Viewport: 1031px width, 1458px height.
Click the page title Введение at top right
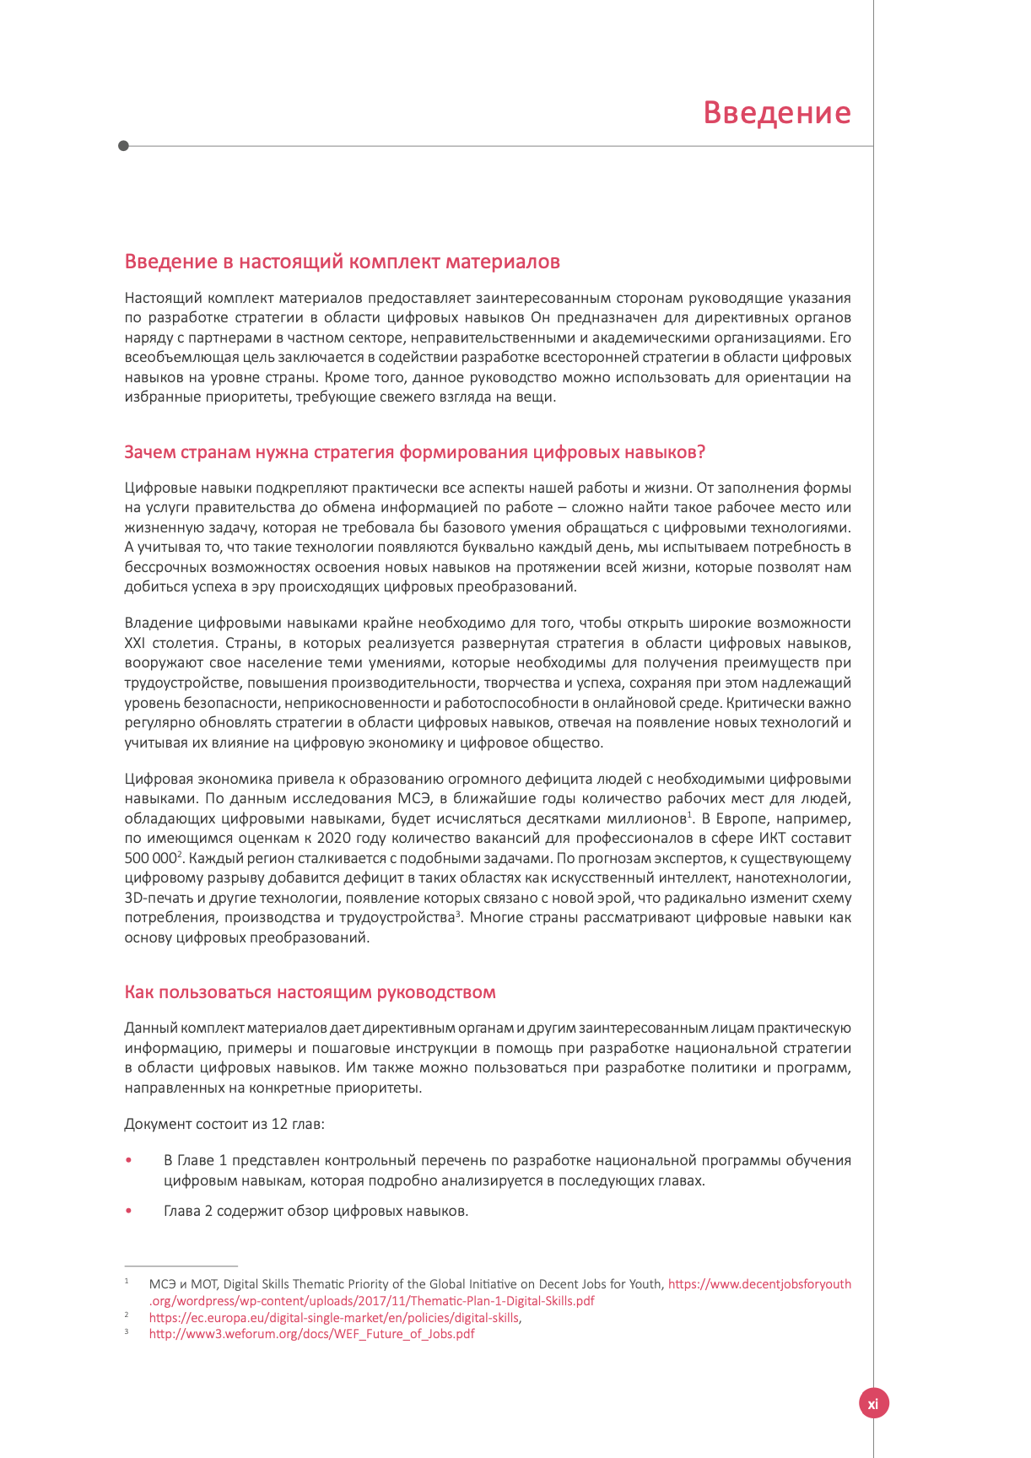(776, 113)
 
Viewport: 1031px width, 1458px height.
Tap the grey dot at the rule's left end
(124, 146)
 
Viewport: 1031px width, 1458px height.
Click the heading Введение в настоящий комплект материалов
(342, 262)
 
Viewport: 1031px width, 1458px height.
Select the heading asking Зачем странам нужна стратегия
(414, 452)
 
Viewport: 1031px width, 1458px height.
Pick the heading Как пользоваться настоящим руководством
(310, 992)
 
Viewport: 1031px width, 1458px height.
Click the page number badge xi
(873, 1403)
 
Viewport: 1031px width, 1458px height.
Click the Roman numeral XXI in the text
(135, 643)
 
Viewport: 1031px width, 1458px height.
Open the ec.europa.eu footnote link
(334, 1318)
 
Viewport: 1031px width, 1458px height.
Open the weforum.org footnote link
(311, 1334)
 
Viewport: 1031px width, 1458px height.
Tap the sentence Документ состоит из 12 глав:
(224, 1125)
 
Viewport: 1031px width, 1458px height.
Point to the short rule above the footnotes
(181, 1266)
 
